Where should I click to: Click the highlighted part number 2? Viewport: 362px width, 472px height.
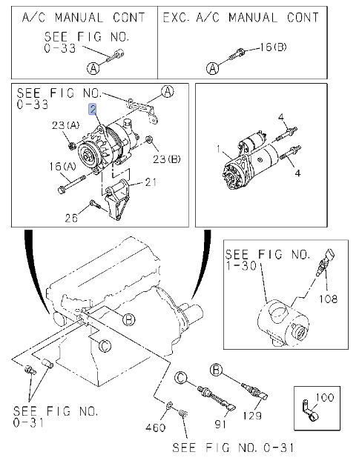93,109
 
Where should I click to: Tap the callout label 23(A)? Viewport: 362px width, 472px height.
65,125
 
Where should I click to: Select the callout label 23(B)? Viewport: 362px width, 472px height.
166,159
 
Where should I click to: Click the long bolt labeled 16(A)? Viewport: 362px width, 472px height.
71,185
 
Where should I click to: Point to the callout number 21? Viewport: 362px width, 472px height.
150,182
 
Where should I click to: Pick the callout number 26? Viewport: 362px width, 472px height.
71,218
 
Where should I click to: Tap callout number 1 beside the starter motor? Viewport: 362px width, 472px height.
219,149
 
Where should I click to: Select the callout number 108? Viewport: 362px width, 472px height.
328,299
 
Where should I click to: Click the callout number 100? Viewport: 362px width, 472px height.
325,397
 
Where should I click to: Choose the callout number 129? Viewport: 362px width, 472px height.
252,416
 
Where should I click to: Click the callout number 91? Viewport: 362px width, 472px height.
221,424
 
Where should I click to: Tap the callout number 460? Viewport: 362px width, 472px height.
155,427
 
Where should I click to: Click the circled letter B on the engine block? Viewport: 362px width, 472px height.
129,319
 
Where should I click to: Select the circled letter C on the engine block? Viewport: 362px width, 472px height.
105,346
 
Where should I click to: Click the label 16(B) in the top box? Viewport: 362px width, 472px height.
273,47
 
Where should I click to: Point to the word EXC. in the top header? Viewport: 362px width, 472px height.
177,17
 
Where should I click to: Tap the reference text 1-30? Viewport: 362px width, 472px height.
241,266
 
